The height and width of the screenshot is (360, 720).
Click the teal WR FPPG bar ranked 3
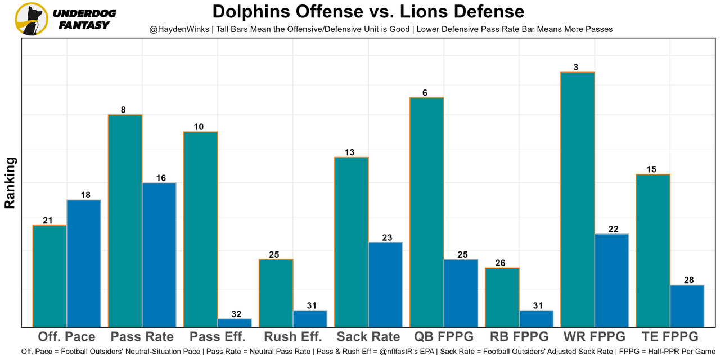pyautogui.click(x=578, y=199)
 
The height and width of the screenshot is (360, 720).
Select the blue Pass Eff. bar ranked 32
pyautogui.click(x=235, y=323)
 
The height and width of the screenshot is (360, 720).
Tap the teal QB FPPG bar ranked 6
pyautogui.click(x=427, y=212)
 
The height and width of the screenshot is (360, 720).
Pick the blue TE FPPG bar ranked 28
pyautogui.click(x=687, y=305)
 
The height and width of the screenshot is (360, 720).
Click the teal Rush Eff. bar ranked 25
pyautogui.click(x=276, y=292)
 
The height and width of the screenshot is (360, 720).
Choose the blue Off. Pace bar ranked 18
pyautogui.click(x=84, y=263)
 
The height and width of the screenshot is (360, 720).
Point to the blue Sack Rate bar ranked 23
pyautogui.click(x=385, y=284)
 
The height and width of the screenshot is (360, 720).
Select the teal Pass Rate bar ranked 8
pyautogui.click(x=125, y=220)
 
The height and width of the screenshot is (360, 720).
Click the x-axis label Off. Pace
pyautogui.click(x=66, y=337)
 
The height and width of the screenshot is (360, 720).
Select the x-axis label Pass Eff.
pyautogui.click(x=218, y=337)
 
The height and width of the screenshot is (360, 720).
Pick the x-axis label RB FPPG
pyautogui.click(x=519, y=337)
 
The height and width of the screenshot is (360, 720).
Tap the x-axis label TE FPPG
pyautogui.click(x=670, y=337)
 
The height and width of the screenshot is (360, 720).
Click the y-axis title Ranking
pyautogui.click(x=10, y=183)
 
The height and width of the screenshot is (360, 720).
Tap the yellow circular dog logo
pyautogui.click(x=31, y=19)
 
